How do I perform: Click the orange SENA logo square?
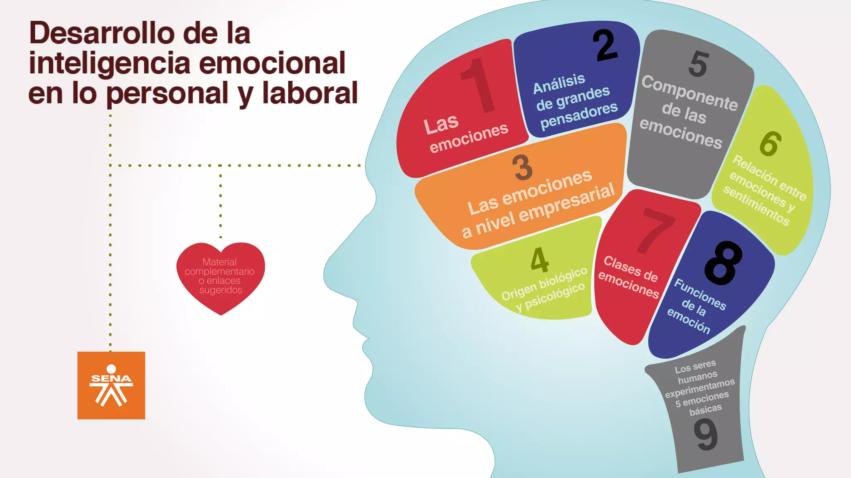[111, 385]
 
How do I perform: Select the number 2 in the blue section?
[605, 46]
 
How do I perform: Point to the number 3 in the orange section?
[522, 167]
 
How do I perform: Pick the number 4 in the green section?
[539, 260]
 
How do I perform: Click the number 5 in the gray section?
[698, 64]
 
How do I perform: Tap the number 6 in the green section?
[770, 144]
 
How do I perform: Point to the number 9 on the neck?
[706, 434]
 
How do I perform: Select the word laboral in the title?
[310, 93]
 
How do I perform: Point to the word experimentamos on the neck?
[700, 388]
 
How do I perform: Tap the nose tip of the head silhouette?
[325, 274]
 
